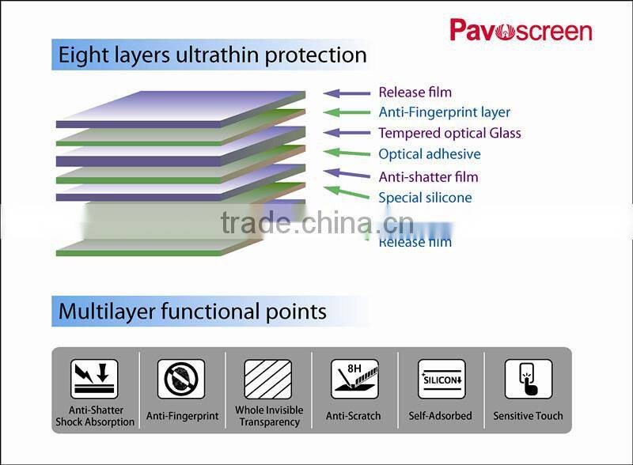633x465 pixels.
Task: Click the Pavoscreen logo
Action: pyautogui.click(x=521, y=31)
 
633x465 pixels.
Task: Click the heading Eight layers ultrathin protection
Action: pyautogui.click(x=212, y=55)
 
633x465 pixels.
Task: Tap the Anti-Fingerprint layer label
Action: pyautogui.click(x=444, y=112)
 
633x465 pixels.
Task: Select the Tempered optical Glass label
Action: pyautogui.click(x=449, y=133)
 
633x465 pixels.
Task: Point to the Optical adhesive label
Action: pyautogui.click(x=429, y=154)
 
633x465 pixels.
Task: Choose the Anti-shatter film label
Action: pyautogui.click(x=428, y=176)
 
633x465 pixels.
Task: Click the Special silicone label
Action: pyautogui.click(x=425, y=198)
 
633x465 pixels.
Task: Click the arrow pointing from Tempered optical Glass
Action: pyautogui.click(x=347, y=133)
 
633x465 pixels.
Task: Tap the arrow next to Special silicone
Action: pyautogui.click(x=347, y=193)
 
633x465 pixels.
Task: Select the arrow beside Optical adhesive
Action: pyautogui.click(x=347, y=153)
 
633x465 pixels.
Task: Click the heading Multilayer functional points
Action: pyautogui.click(x=192, y=311)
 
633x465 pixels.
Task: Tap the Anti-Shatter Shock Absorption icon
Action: pyautogui.click(x=94, y=379)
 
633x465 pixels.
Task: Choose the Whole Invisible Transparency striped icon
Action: pyautogui.click(x=267, y=379)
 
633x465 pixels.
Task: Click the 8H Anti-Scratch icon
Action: pyautogui.click(x=354, y=379)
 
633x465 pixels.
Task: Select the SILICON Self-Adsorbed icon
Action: pyautogui.click(x=441, y=380)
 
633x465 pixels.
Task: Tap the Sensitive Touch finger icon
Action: pyautogui.click(x=528, y=379)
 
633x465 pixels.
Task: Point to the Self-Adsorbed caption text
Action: pyautogui.click(x=440, y=416)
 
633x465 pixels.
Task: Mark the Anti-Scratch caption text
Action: pyautogui.click(x=353, y=416)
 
